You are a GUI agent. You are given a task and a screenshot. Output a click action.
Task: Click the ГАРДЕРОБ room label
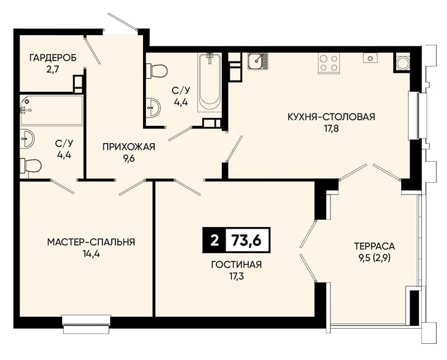tap(53, 58)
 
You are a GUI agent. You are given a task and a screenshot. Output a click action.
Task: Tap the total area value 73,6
tap(246, 240)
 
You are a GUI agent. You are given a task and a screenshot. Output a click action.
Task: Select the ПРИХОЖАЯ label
tap(129, 147)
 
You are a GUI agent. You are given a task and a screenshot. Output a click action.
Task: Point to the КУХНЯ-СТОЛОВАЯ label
tap(331, 117)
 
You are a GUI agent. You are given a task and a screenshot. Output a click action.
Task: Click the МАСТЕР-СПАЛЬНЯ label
tap(91, 242)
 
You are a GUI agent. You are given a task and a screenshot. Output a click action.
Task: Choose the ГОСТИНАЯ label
tap(236, 265)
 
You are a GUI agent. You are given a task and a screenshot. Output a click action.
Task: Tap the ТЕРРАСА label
tap(374, 246)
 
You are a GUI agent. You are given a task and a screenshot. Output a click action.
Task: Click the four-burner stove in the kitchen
tap(329, 63)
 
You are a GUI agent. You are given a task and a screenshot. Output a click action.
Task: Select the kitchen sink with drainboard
tap(258, 61)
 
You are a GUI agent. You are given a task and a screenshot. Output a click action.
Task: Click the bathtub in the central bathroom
tap(210, 82)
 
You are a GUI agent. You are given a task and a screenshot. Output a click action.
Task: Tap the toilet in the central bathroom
tap(156, 71)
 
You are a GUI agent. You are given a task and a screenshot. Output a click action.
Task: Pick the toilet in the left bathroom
tap(31, 165)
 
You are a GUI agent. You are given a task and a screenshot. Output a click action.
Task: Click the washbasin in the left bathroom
tap(27, 139)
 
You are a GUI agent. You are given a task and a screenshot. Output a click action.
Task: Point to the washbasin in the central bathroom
tap(153, 107)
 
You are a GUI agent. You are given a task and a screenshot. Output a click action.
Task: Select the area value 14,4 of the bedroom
tap(91, 254)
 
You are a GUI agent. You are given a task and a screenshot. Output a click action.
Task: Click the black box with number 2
tap(214, 240)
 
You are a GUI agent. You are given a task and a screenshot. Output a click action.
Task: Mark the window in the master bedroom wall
tap(87, 324)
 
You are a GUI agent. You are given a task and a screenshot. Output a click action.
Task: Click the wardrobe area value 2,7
tap(53, 70)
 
